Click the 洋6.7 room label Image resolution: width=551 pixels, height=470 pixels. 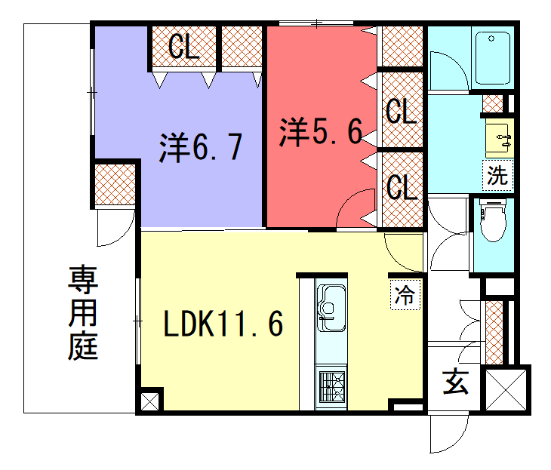pos(201,148)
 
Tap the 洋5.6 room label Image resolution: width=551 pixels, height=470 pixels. pos(321,132)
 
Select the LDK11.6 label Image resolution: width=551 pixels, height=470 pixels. pos(223,324)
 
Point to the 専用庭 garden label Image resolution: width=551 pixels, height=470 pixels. pos(83,312)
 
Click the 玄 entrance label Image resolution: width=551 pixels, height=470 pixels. pos(455,381)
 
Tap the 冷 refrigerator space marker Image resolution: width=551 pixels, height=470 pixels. pos(405,295)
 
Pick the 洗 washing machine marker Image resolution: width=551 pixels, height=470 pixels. pos(497,175)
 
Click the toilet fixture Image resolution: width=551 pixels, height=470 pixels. pos(493,220)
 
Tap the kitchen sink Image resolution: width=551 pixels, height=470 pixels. pos(331,308)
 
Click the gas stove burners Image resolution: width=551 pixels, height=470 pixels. pos(331,387)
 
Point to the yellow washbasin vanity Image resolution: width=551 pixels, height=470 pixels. pos(500,138)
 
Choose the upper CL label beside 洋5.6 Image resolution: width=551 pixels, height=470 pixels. pos(402,111)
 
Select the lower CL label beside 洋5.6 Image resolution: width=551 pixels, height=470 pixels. pos(402,187)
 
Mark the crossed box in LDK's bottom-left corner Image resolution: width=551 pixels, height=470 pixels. pos(149,401)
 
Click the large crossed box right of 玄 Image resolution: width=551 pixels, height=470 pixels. pos(506,390)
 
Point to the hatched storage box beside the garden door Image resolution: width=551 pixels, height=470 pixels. pos(115,184)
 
